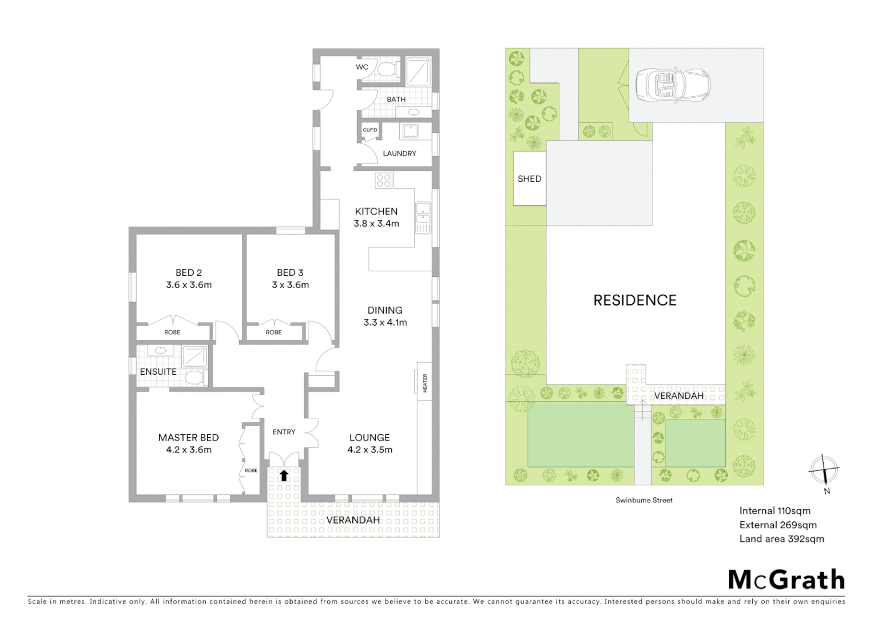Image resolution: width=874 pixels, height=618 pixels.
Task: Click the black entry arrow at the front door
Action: [x=284, y=475]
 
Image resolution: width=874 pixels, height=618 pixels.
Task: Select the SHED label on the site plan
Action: [x=529, y=179]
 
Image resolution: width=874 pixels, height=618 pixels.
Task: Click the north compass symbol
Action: [x=824, y=472]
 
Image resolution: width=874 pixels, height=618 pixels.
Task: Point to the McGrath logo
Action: [x=786, y=580]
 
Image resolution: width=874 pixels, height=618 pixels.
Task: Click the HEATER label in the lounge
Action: [x=424, y=383]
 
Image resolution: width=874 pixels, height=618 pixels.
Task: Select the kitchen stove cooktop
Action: [x=384, y=181]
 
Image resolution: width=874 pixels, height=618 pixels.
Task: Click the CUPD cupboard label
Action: [x=370, y=130]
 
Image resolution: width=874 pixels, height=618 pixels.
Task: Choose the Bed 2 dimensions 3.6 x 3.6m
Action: [x=189, y=285]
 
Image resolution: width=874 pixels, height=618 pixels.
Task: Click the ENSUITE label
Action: [x=158, y=372]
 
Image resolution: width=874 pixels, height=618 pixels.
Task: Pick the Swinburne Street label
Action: [x=644, y=500]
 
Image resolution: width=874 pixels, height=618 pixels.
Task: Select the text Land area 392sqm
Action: [x=781, y=538]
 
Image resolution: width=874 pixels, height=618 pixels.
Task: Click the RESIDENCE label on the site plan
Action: [x=635, y=300]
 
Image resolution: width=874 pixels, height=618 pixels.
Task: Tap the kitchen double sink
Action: [x=423, y=217]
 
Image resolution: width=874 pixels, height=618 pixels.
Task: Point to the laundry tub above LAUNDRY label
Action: [x=410, y=132]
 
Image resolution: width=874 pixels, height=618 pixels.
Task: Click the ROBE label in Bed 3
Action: [x=273, y=332]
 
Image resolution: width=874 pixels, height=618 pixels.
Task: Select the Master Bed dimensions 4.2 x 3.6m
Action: [x=189, y=450]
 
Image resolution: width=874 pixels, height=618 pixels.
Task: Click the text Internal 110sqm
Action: [x=774, y=511]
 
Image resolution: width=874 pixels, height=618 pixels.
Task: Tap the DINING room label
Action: [x=385, y=310]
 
